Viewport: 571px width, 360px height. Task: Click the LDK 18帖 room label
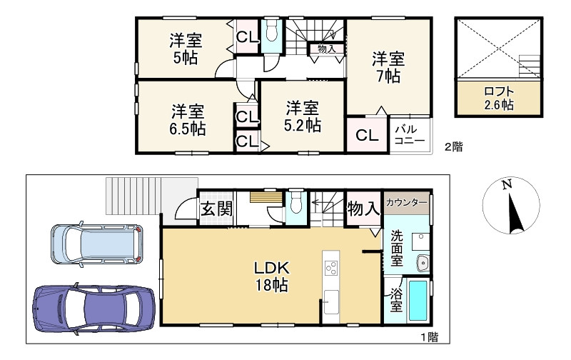click(272, 276)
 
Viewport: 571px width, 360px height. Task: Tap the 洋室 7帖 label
click(388, 67)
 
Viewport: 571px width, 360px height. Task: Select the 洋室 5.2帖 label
click(302, 116)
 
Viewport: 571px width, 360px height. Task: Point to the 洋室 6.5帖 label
click(188, 120)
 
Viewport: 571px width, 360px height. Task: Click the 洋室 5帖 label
click(186, 49)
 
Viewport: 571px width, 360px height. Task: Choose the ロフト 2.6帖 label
click(499, 99)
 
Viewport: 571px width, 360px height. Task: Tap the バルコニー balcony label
click(410, 135)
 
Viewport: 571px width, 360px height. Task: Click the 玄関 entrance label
click(217, 209)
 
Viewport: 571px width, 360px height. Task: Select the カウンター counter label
click(406, 202)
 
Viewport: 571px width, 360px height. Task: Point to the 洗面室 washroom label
click(397, 249)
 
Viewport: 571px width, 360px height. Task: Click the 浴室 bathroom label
click(396, 301)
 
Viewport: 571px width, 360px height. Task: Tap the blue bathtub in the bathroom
click(418, 301)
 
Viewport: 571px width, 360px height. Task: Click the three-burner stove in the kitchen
click(331, 269)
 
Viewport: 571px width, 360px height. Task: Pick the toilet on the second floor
click(272, 31)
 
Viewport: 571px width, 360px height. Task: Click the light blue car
click(96, 244)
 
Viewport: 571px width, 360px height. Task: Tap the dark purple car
click(94, 309)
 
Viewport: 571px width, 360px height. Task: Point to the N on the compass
click(507, 184)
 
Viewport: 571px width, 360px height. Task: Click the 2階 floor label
click(453, 147)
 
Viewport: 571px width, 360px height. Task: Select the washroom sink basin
click(423, 262)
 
